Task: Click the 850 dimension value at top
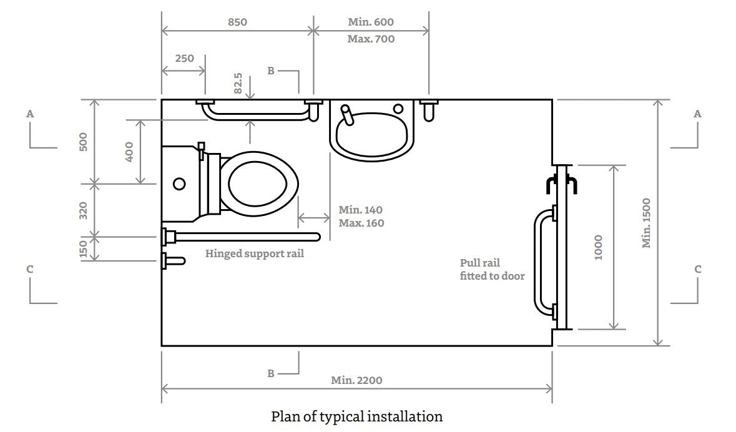pos(237,22)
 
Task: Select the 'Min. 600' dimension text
pos(371,22)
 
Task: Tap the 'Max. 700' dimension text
pos(371,39)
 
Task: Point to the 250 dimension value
pos(184,58)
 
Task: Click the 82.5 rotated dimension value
pos(238,83)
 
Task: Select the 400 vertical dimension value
pos(130,152)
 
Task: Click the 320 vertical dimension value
pos(84,210)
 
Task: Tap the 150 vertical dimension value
pos(84,248)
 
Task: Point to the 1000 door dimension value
pos(598,247)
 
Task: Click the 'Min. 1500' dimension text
pos(647,223)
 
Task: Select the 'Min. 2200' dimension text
pos(356,380)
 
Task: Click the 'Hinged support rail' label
pos(255,254)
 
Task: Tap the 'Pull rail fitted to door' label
pos(492,269)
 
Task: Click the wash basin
pos(372,129)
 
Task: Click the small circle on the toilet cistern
pos(180,184)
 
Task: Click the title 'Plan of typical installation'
pos(356,416)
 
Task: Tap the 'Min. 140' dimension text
pos(361,210)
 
